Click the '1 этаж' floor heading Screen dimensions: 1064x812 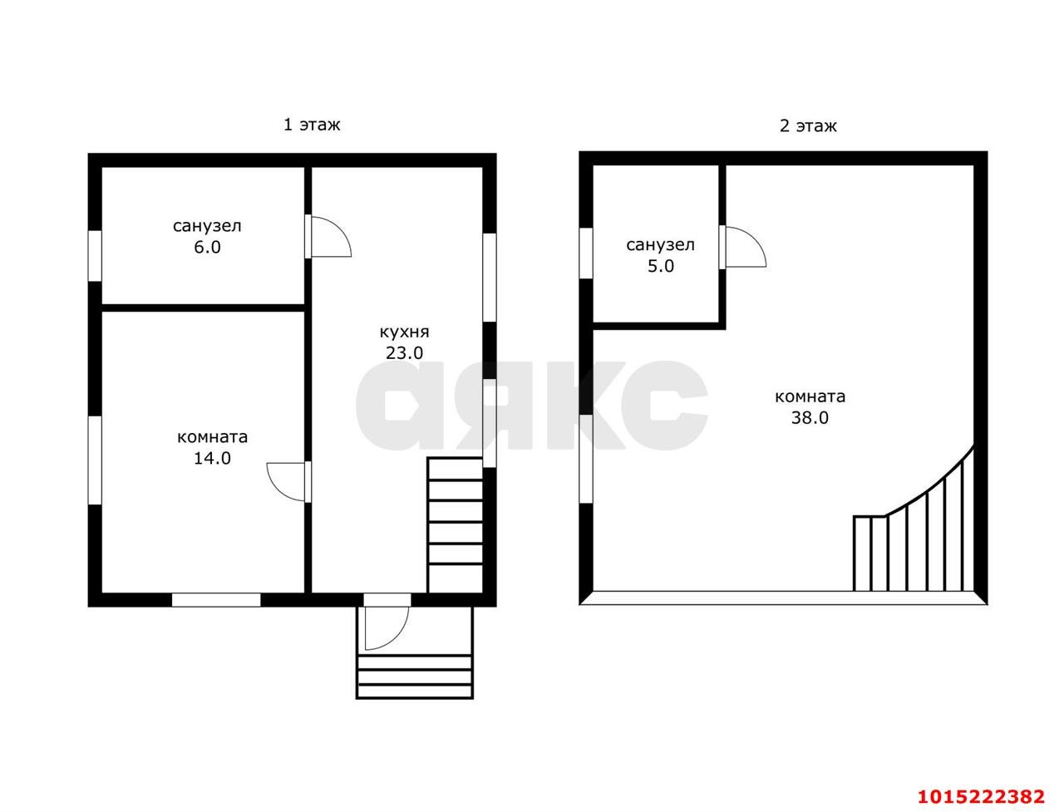tap(311, 125)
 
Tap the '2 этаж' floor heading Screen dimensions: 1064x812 tap(808, 126)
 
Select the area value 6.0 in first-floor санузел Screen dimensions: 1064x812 tap(207, 247)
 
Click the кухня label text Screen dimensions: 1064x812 tap(404, 332)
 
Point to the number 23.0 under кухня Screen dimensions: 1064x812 tap(404, 352)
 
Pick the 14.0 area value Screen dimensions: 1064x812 tap(212, 458)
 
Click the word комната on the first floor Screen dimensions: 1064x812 tap(212, 437)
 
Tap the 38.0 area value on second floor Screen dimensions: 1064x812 tap(810, 417)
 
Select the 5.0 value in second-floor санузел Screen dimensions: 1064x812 tap(661, 266)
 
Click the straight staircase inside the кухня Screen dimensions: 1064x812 tap(455, 524)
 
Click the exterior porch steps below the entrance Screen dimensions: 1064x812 tap(415, 677)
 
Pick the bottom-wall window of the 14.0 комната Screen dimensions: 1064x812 tap(216, 600)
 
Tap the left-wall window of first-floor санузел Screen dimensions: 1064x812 tap(95, 255)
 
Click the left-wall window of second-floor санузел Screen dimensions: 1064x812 tap(586, 253)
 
